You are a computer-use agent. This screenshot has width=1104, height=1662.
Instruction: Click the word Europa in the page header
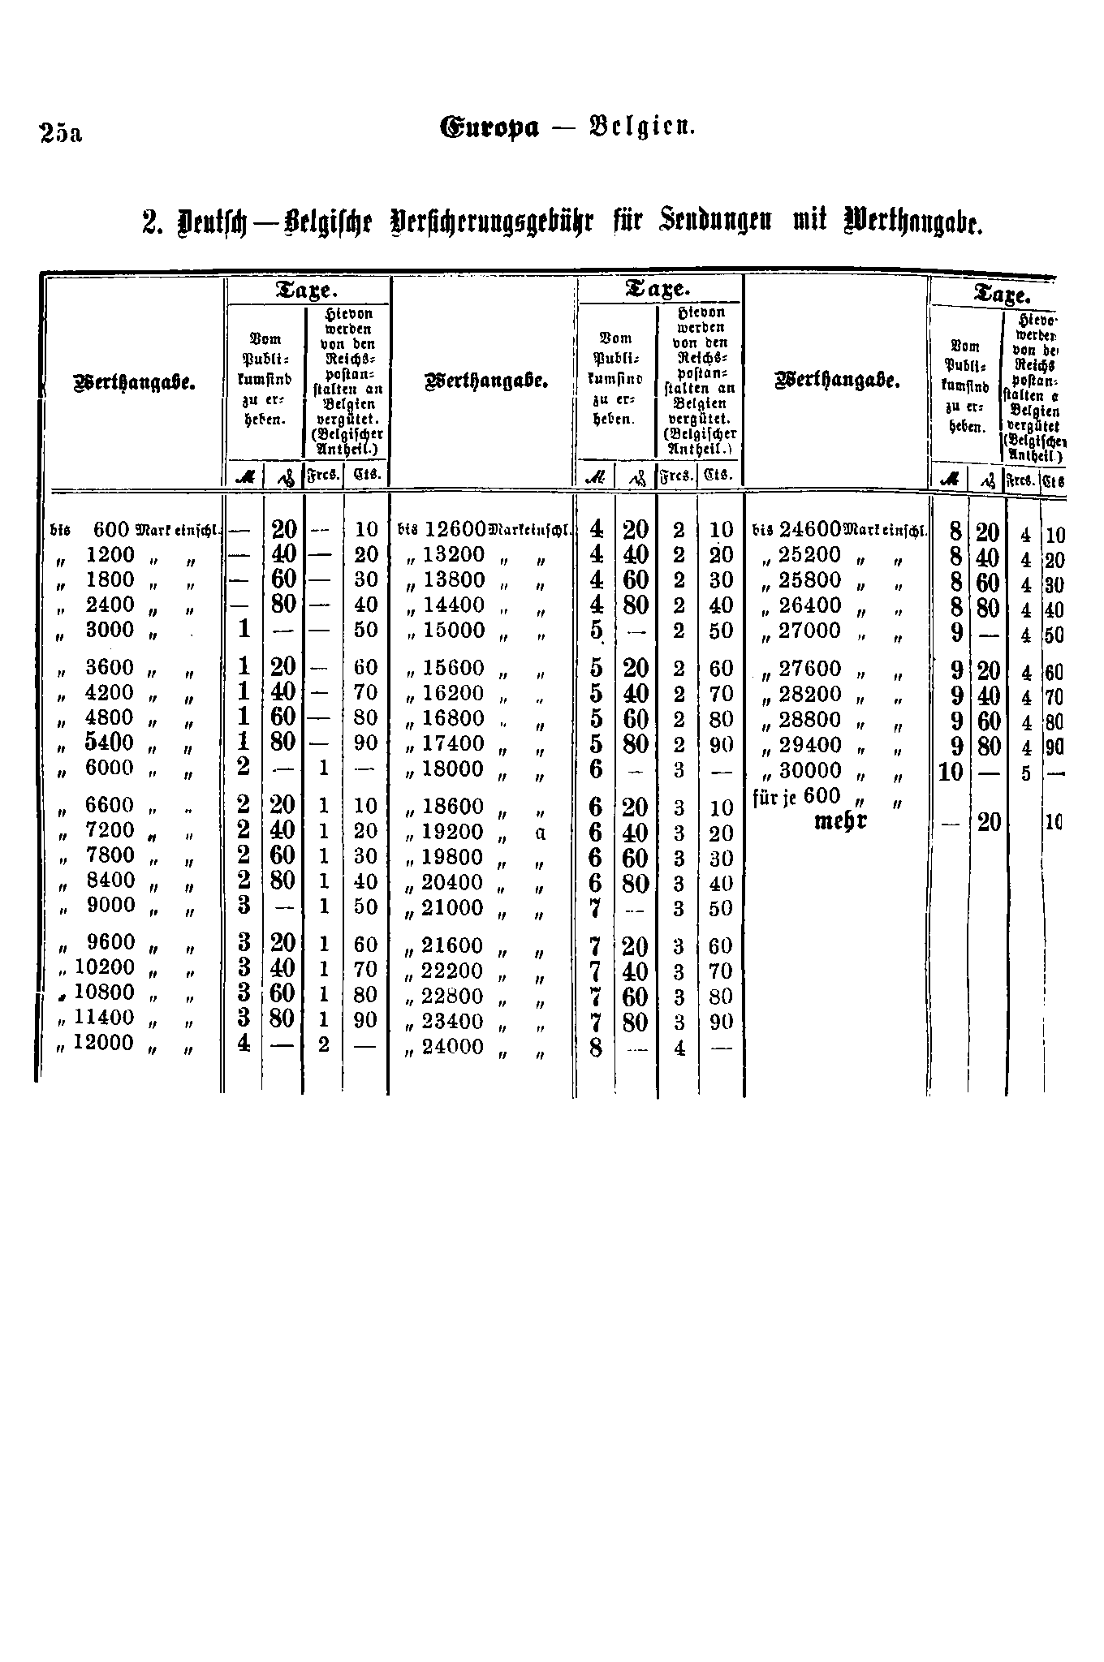489,128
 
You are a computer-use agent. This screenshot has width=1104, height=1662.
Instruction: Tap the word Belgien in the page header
645,128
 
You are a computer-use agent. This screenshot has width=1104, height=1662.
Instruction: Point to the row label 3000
110,630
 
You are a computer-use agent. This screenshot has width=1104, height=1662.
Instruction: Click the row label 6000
110,768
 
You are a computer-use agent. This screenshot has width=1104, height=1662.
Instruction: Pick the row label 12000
104,1043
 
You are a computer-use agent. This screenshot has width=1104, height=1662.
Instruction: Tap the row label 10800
104,992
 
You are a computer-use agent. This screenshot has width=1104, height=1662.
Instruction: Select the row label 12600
455,529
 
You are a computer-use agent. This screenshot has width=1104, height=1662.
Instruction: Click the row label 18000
454,769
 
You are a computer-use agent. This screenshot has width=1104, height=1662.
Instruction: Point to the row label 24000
454,1047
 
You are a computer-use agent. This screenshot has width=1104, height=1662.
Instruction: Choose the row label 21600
454,946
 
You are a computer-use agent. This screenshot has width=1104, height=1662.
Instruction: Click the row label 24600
810,529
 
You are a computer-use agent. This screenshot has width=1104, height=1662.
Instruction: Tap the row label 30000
810,769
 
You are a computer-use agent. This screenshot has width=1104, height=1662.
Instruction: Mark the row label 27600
810,669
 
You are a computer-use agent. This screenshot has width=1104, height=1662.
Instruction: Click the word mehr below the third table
840,820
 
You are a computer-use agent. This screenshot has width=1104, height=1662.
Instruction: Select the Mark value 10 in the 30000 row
951,770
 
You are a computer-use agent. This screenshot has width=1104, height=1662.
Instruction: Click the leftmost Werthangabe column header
136,382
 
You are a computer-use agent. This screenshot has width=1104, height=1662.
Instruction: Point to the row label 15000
454,631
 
